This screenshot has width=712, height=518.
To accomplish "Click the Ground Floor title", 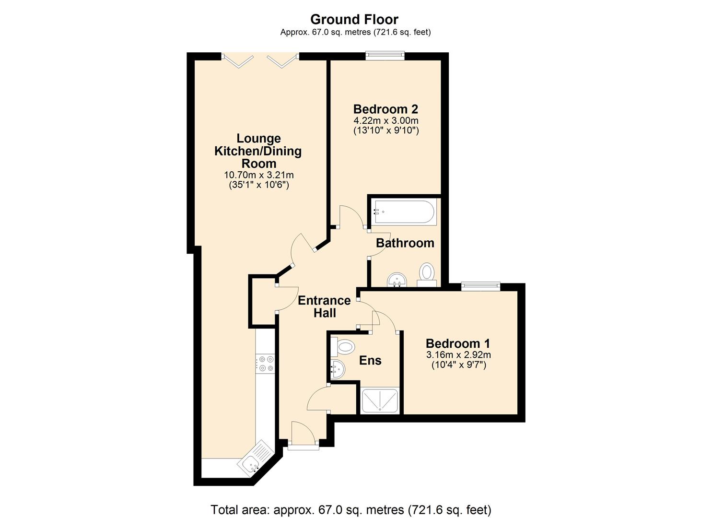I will click(354, 19).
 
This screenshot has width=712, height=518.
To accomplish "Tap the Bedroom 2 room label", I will click(385, 109).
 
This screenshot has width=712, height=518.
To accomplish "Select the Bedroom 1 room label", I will click(458, 343).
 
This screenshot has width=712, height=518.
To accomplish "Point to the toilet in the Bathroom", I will click(426, 273).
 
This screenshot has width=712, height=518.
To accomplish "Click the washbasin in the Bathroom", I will click(397, 279).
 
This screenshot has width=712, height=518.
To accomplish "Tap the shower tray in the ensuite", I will click(380, 401).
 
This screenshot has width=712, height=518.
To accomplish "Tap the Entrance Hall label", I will click(324, 306).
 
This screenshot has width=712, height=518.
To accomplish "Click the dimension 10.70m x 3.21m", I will click(259, 175).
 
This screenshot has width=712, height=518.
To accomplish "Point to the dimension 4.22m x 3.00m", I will click(386, 121).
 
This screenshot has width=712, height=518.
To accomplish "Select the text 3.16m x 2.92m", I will click(458, 355).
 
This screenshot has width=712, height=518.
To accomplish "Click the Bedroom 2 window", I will click(385, 56).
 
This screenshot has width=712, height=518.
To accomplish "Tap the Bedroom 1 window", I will click(480, 287).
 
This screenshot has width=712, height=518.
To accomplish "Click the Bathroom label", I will click(405, 243).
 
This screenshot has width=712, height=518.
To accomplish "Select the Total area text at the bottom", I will click(351, 509).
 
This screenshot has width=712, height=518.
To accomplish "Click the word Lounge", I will click(259, 139).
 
